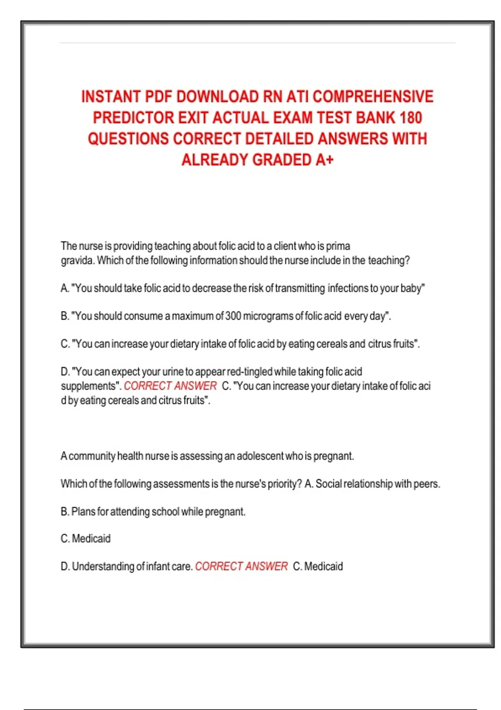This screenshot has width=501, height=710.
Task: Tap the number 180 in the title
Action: (410, 118)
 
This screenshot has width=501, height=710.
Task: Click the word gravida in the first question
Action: (78, 261)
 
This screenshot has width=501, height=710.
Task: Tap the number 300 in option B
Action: (233, 316)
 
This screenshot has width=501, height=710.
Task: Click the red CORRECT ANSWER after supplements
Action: (170, 386)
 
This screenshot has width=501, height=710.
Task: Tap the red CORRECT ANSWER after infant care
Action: (241, 566)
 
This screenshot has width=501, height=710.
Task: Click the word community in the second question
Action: (92, 456)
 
